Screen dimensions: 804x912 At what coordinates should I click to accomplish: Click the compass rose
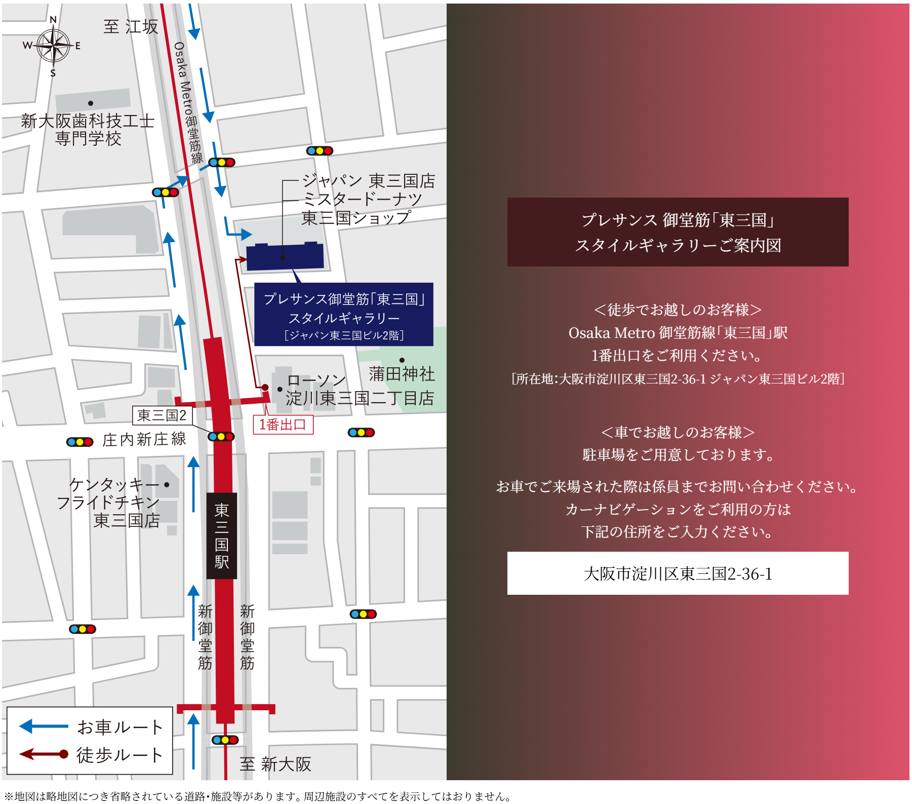[53, 46]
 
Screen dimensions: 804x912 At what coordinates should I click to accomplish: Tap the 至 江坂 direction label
[131, 27]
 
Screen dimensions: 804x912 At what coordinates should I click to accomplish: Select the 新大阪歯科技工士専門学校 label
[88, 130]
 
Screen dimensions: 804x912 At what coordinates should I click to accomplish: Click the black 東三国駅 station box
[222, 535]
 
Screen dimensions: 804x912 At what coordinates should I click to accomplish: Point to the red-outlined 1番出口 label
[283, 425]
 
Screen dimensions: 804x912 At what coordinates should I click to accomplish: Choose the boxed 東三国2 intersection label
[162, 415]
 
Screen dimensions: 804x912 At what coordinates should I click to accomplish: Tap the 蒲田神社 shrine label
[402, 374]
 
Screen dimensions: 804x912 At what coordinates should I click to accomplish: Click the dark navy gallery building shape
[285, 256]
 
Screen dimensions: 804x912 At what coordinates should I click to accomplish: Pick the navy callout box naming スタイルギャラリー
[343, 315]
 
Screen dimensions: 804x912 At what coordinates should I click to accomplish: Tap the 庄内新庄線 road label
[144, 439]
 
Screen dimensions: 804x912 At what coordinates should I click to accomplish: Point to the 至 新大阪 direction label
[275, 764]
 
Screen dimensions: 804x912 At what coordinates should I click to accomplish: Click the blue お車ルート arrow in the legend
[44, 726]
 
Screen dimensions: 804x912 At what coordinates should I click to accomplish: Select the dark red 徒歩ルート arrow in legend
[44, 754]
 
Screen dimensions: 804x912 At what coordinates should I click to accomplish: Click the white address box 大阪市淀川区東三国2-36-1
[678, 573]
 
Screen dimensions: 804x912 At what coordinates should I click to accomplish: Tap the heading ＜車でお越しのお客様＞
[678, 432]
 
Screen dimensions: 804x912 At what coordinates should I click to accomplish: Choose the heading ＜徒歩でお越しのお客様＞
[678, 310]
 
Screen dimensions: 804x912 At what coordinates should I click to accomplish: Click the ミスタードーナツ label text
[362, 199]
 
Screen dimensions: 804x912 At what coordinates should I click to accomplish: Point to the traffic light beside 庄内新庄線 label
[80, 442]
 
